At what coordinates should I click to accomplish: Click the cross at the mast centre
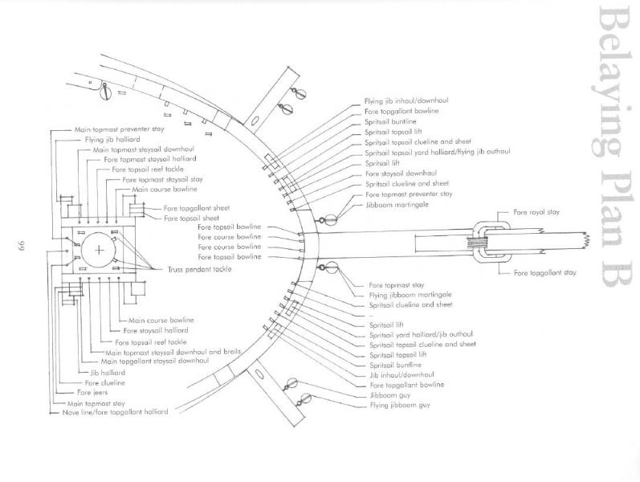100,251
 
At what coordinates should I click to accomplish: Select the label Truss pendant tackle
200,268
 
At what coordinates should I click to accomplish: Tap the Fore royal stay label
536,212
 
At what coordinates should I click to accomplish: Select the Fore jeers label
92,393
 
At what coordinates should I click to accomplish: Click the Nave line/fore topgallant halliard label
114,412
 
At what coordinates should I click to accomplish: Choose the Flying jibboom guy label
399,406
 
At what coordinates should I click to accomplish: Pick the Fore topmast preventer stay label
409,194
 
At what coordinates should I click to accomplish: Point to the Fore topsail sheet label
187,218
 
